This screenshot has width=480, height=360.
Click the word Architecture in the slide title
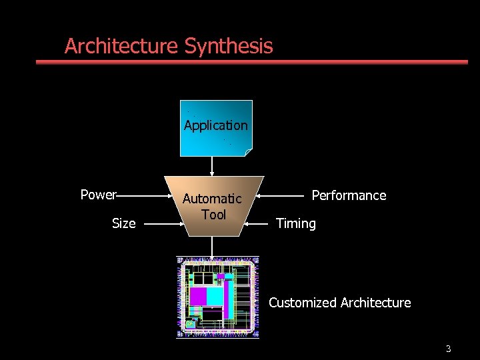pos(122,46)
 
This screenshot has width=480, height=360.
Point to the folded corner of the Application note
pos(248,152)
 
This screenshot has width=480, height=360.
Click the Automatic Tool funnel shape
pos(213,206)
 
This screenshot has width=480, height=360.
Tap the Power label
pos(97,195)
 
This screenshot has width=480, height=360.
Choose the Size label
pos(123,223)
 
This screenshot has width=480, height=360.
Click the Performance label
pos(349,195)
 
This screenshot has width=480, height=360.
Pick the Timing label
pos(296,223)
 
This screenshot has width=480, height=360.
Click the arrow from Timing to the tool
pos(259,224)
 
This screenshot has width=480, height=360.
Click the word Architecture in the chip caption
pos(375,303)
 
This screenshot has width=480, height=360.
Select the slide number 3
pos(449,349)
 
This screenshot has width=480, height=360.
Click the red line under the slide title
pos(252,62)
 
